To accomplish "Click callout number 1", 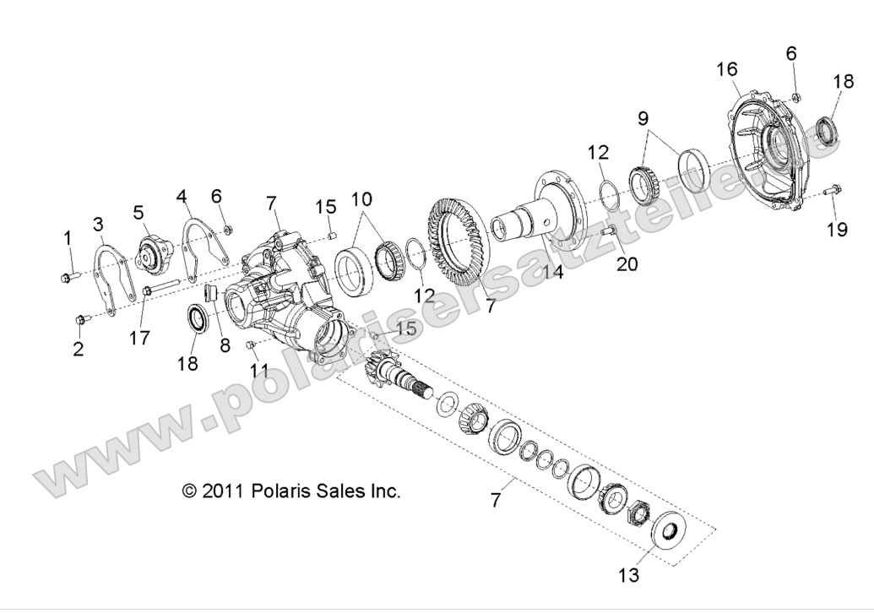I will click(68, 240).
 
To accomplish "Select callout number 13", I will click(630, 576).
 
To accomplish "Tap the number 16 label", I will click(727, 68).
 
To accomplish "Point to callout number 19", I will click(837, 230).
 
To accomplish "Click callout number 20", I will click(627, 264).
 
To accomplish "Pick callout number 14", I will click(552, 272).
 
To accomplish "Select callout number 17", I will click(139, 338).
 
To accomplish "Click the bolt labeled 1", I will click(69, 275).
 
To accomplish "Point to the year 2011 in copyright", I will click(224, 491).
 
